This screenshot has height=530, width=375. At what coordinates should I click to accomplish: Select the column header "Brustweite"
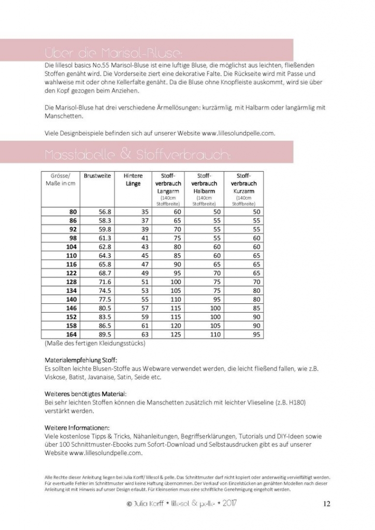click(97, 176)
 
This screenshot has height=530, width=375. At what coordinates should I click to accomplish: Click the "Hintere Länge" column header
click(133, 180)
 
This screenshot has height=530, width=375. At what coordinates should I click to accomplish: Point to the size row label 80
click(73, 212)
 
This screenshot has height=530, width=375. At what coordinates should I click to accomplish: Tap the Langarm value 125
click(175, 335)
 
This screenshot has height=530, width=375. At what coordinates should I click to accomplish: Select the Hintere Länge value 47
click(144, 264)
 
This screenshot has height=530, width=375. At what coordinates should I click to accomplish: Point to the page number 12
click(326, 504)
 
